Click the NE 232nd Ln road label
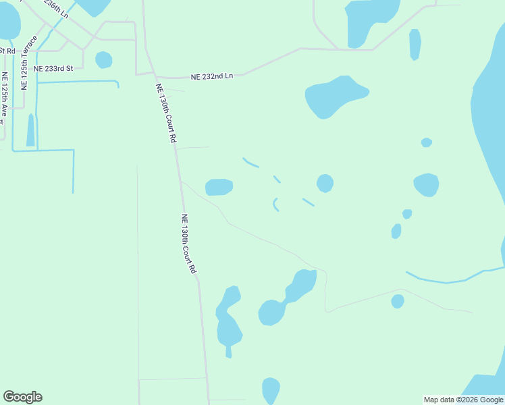tap(211, 76)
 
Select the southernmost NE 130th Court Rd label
tap(188, 243)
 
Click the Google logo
tap(22, 397)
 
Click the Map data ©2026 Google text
tap(463, 400)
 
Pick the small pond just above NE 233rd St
tap(103, 60)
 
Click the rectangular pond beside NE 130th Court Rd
tap(219, 187)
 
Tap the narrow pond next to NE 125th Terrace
tap(30, 130)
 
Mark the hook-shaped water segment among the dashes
tap(275, 204)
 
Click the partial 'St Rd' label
tap(7, 51)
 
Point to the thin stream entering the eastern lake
tap(446, 280)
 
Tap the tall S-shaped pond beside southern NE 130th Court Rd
tap(228, 321)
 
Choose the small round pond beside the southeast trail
tap(398, 301)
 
